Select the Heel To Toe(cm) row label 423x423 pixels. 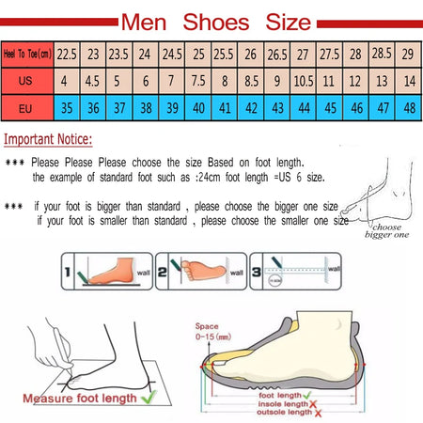coord(27,55)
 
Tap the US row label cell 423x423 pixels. coord(27,81)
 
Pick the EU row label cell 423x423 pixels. coord(27,108)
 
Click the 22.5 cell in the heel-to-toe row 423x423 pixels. coord(67,55)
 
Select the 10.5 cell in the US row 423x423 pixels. coord(304,81)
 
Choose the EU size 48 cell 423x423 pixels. coord(409,108)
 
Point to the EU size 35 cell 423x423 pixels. coord(67,108)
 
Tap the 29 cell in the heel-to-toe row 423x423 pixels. coord(409,55)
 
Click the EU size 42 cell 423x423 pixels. coord(251,108)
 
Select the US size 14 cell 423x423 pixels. coord(409,81)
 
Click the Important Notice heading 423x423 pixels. coord(48,140)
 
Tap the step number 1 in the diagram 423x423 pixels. coord(68,275)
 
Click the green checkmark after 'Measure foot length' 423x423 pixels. coord(147,399)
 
